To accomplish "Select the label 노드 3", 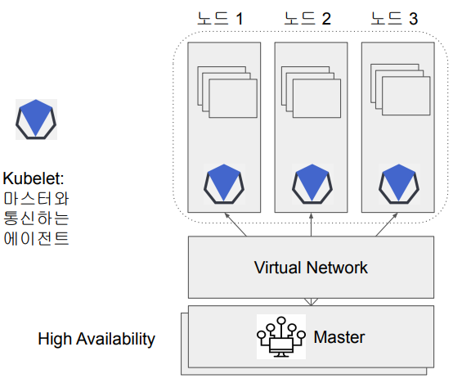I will (x=395, y=17).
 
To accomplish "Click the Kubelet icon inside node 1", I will (x=225, y=185).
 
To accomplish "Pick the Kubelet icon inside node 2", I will (x=312, y=185).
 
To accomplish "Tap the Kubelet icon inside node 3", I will (x=398, y=185).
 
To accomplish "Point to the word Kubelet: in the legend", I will (x=34, y=178).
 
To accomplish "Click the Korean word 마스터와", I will (x=36, y=199).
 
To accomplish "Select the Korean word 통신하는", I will (x=36, y=219).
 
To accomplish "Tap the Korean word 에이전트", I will (x=36, y=239).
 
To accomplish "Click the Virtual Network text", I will (x=311, y=268).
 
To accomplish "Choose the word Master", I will (x=339, y=337).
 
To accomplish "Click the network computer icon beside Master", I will (x=280, y=336).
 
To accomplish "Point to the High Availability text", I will (x=96, y=339).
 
